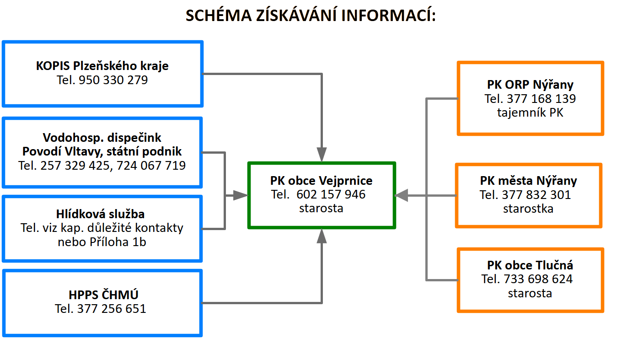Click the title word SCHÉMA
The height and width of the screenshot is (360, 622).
[x=219, y=15]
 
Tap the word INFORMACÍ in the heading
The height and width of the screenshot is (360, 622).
[x=388, y=15]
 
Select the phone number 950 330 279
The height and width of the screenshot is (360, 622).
[x=113, y=80]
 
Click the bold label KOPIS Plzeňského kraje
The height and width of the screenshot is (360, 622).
[x=102, y=66]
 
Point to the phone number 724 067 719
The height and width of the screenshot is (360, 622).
[x=151, y=166]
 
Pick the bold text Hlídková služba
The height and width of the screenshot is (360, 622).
[x=100, y=214]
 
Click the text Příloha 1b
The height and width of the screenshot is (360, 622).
[x=118, y=242]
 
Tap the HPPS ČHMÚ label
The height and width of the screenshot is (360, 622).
[x=103, y=295]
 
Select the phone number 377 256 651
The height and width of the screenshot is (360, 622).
[x=112, y=309]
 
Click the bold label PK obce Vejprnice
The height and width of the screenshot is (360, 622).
[x=321, y=181]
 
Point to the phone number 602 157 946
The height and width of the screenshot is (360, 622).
[x=331, y=194]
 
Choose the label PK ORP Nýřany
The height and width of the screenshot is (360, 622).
[x=530, y=85]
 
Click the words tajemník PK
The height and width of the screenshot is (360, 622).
[x=530, y=113]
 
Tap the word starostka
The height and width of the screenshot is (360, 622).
[x=528, y=209]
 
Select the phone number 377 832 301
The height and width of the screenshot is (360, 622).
[x=536, y=195]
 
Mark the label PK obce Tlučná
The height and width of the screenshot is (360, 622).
[x=530, y=265]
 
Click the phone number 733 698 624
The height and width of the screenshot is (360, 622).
[x=538, y=279]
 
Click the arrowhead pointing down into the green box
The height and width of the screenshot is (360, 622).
[x=322, y=155]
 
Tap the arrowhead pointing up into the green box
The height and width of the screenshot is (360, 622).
[x=322, y=236]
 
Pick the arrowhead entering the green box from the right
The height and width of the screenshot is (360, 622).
[x=402, y=196]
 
